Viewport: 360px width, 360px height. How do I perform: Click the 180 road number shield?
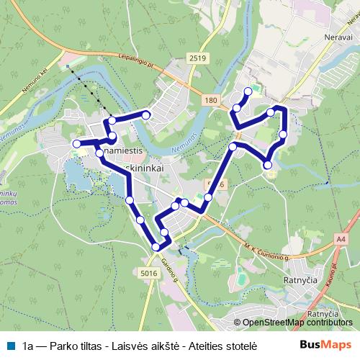coord(210,100)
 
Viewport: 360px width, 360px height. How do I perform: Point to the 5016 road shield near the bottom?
coord(150,273)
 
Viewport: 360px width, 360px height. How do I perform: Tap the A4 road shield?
coord(341,239)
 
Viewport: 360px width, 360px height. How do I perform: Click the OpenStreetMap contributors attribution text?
coord(297,323)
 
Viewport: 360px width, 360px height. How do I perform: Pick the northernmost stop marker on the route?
coord(248,91)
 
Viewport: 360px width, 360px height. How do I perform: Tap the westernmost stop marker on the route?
coord(76,145)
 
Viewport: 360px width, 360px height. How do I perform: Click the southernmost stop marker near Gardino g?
coord(156,248)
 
